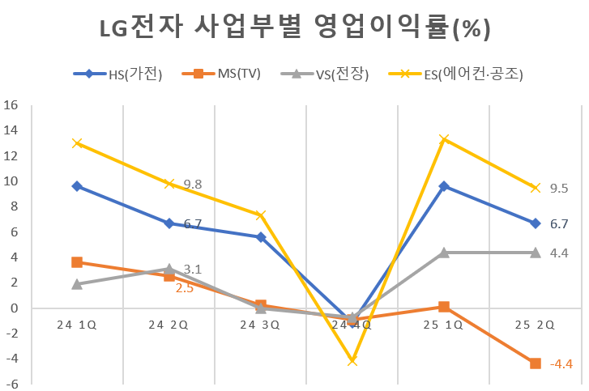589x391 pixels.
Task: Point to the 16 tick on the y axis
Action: (11, 105)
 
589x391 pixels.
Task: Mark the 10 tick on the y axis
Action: (11, 181)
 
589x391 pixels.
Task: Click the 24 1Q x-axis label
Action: (77, 325)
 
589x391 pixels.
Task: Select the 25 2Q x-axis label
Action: (535, 325)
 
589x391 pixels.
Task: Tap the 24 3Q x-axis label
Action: (260, 325)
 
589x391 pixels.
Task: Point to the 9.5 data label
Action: (559, 188)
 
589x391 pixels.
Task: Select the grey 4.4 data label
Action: (559, 253)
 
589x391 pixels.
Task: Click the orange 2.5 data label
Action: (185, 287)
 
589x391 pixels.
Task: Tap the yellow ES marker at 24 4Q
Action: (352, 360)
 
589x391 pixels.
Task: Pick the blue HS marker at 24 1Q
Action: (77, 186)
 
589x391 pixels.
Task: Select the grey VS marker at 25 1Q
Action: (444, 253)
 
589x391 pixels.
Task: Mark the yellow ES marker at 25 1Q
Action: (444, 139)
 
